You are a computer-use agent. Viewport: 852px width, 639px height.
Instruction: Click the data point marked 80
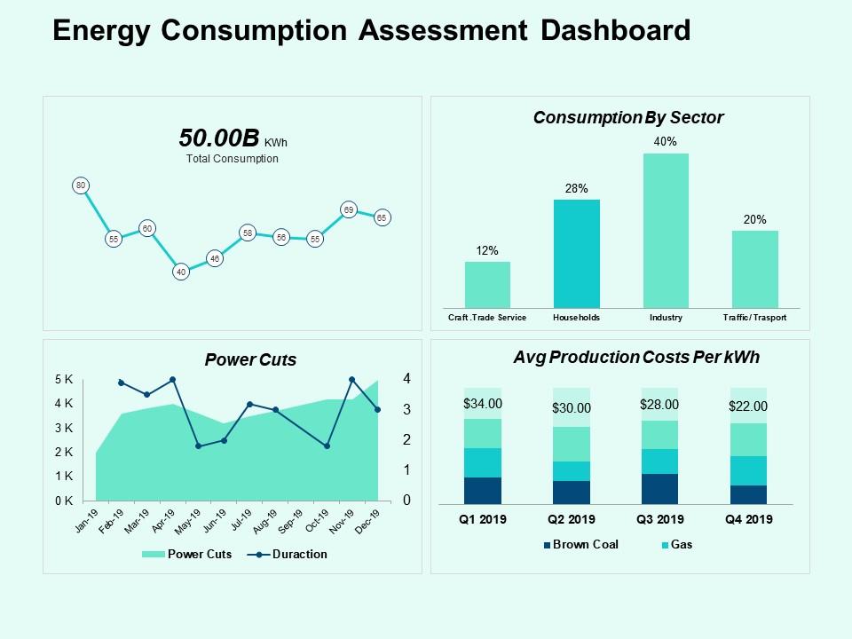coord(81,185)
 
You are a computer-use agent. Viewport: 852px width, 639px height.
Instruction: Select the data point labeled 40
coord(181,272)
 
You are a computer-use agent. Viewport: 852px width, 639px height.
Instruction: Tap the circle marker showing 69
coord(349,210)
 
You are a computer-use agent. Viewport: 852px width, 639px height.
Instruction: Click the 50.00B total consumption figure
coord(219,138)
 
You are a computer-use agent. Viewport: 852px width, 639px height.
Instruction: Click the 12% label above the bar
coord(487,251)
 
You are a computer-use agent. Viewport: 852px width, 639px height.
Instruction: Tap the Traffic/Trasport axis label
coord(754,318)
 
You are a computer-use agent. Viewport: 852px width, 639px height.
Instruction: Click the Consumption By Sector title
coord(628,117)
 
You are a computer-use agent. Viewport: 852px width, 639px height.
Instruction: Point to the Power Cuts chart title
coord(250,359)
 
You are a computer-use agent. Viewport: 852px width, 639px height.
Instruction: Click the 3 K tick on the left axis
coord(64,428)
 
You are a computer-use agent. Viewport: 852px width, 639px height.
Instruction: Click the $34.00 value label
coord(483,403)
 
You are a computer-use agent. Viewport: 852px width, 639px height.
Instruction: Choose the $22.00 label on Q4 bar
coord(748,406)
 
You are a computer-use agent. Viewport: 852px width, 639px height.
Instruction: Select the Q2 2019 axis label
coord(572,520)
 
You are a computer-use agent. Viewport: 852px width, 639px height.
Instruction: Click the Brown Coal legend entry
coord(583,545)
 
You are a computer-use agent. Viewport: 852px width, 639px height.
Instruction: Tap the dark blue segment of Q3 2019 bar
coord(659,489)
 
